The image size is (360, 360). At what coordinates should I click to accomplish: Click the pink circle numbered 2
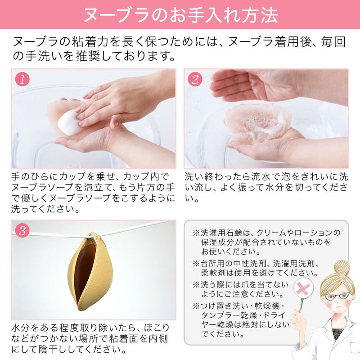click(195, 80)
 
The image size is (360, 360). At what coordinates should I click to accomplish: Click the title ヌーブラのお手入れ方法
click(180, 14)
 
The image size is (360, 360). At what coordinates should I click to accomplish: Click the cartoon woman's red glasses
click(338, 297)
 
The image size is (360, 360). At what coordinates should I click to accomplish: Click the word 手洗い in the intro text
click(47, 57)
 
